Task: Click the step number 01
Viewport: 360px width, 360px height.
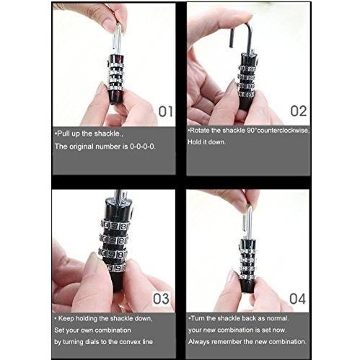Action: pyautogui.click(x=166, y=111)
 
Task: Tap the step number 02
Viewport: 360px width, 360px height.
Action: pyautogui.click(x=299, y=111)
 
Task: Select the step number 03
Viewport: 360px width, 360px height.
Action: pyautogui.click(x=161, y=299)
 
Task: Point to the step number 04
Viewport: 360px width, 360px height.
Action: pyautogui.click(x=297, y=299)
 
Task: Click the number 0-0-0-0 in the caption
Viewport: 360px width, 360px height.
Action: pyautogui.click(x=143, y=146)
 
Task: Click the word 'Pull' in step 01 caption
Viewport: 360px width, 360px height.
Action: pyautogui.click(x=63, y=133)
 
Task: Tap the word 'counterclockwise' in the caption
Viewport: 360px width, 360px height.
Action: pyautogui.click(x=283, y=131)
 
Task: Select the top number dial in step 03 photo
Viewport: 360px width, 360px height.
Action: pyautogui.click(x=115, y=226)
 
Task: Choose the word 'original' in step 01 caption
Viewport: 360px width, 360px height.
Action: pyautogui.click(x=82, y=146)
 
